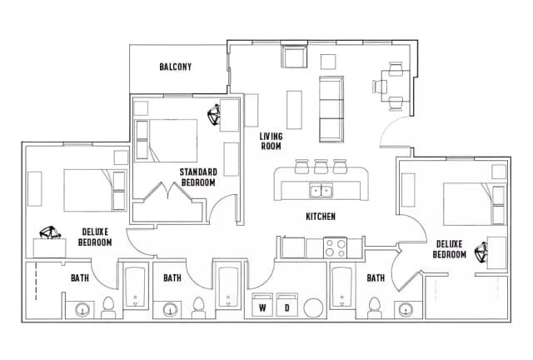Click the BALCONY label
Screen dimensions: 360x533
point(176,67)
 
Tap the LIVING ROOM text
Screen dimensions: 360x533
point(271,141)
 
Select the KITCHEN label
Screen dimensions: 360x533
point(320,217)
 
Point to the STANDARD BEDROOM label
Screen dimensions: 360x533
point(197,177)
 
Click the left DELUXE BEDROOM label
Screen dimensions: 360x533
point(95,237)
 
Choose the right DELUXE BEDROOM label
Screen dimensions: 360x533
point(451,249)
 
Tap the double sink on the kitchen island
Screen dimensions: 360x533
point(321,191)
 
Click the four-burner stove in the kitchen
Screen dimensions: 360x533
point(335,247)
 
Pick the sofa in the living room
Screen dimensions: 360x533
point(331,108)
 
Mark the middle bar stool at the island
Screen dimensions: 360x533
point(321,165)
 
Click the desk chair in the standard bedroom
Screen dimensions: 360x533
point(215,111)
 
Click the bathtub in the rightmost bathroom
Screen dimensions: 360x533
point(342,287)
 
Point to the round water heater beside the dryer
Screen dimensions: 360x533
point(314,307)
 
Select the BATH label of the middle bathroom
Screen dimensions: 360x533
point(172,277)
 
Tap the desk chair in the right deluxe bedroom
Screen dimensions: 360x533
point(481,251)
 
